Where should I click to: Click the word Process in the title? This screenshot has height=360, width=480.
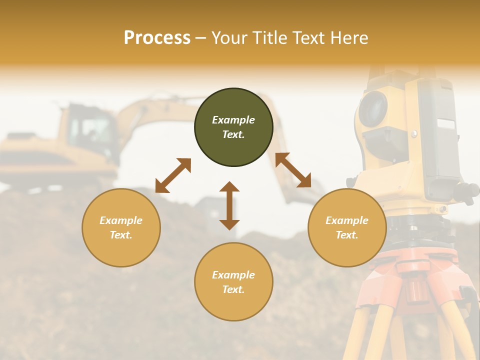click(x=157, y=38)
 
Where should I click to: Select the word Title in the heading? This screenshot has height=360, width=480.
click(x=269, y=38)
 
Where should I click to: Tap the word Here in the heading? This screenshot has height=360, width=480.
click(x=348, y=38)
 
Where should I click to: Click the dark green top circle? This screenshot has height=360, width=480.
click(x=233, y=127)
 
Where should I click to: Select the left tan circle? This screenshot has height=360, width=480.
click(x=121, y=227)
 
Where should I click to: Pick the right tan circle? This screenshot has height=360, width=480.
click(x=347, y=227)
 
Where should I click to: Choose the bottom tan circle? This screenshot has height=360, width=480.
click(x=233, y=281)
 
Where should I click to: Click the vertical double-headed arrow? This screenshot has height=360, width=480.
click(x=229, y=205)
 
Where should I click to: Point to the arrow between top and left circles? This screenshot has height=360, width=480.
click(x=173, y=175)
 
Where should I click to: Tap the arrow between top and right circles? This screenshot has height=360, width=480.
click(x=293, y=170)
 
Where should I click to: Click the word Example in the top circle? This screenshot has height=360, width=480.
click(x=233, y=120)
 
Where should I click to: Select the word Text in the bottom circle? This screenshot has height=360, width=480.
click(x=233, y=289)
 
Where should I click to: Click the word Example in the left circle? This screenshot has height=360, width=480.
click(x=121, y=220)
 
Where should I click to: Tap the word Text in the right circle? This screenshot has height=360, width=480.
click(x=346, y=235)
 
